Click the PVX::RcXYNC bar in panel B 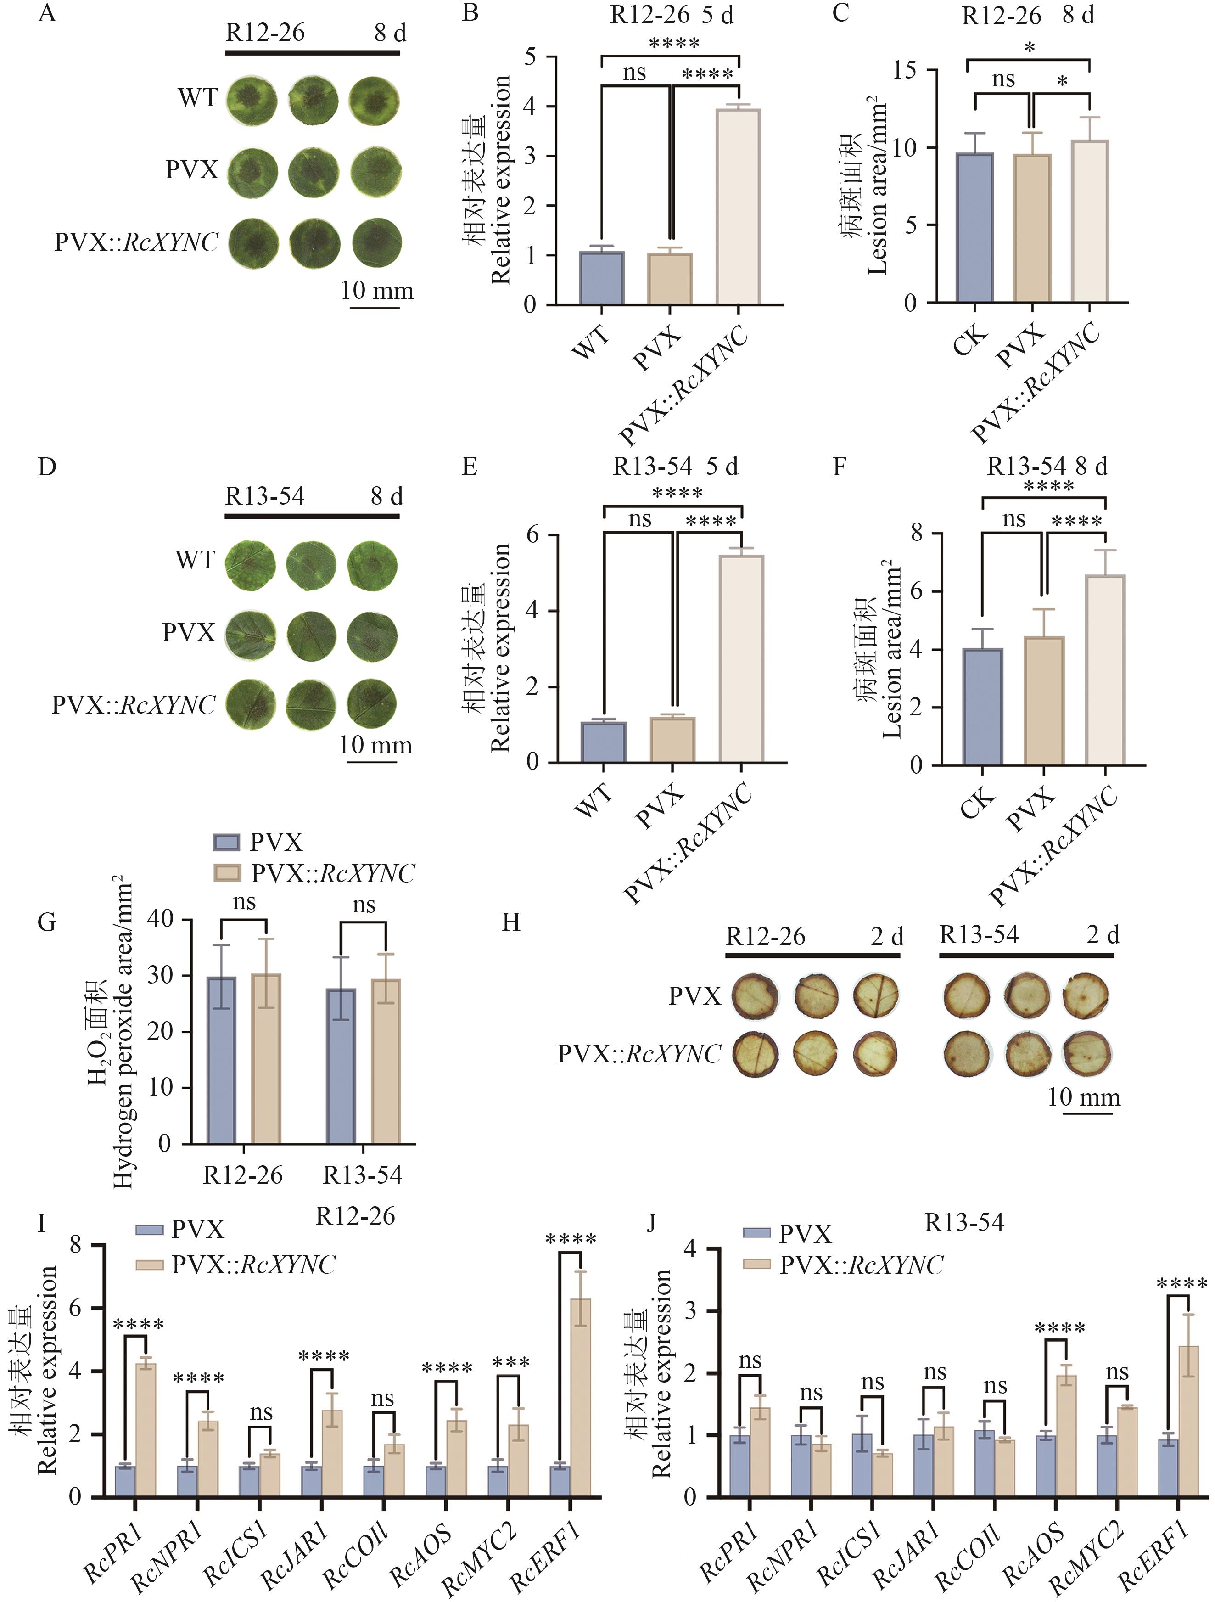point(738,207)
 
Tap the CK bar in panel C point(974,228)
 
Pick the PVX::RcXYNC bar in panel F point(1105,670)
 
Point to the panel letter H point(511,923)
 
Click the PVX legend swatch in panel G point(227,842)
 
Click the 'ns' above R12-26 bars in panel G point(244,902)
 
